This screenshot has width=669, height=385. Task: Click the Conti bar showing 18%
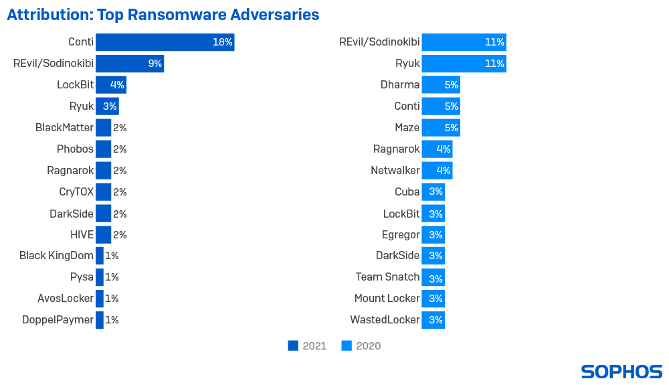[165, 42]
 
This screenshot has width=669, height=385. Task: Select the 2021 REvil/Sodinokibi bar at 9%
[130, 64]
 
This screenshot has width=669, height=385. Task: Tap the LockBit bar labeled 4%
[110, 85]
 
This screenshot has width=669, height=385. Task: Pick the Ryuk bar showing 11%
[464, 64]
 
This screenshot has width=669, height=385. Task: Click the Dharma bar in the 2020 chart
[440, 85]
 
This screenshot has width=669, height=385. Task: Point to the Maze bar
[440, 127]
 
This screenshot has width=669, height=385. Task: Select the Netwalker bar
[437, 170]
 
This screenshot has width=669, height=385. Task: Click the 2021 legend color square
[293, 345]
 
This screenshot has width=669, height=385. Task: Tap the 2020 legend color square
[347, 345]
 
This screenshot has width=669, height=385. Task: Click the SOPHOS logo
[622, 372]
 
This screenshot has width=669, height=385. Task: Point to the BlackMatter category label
[64, 127]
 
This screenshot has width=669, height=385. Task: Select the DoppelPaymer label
[58, 319]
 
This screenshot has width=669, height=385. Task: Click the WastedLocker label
[385, 319]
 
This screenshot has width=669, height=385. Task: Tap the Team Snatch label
[387, 277]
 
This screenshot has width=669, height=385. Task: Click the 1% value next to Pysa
[112, 277]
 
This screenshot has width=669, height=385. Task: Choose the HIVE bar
[103, 234]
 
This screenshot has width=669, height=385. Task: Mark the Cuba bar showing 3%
[433, 191]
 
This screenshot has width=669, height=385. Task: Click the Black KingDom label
[56, 255]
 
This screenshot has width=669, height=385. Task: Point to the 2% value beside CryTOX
[120, 191]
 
